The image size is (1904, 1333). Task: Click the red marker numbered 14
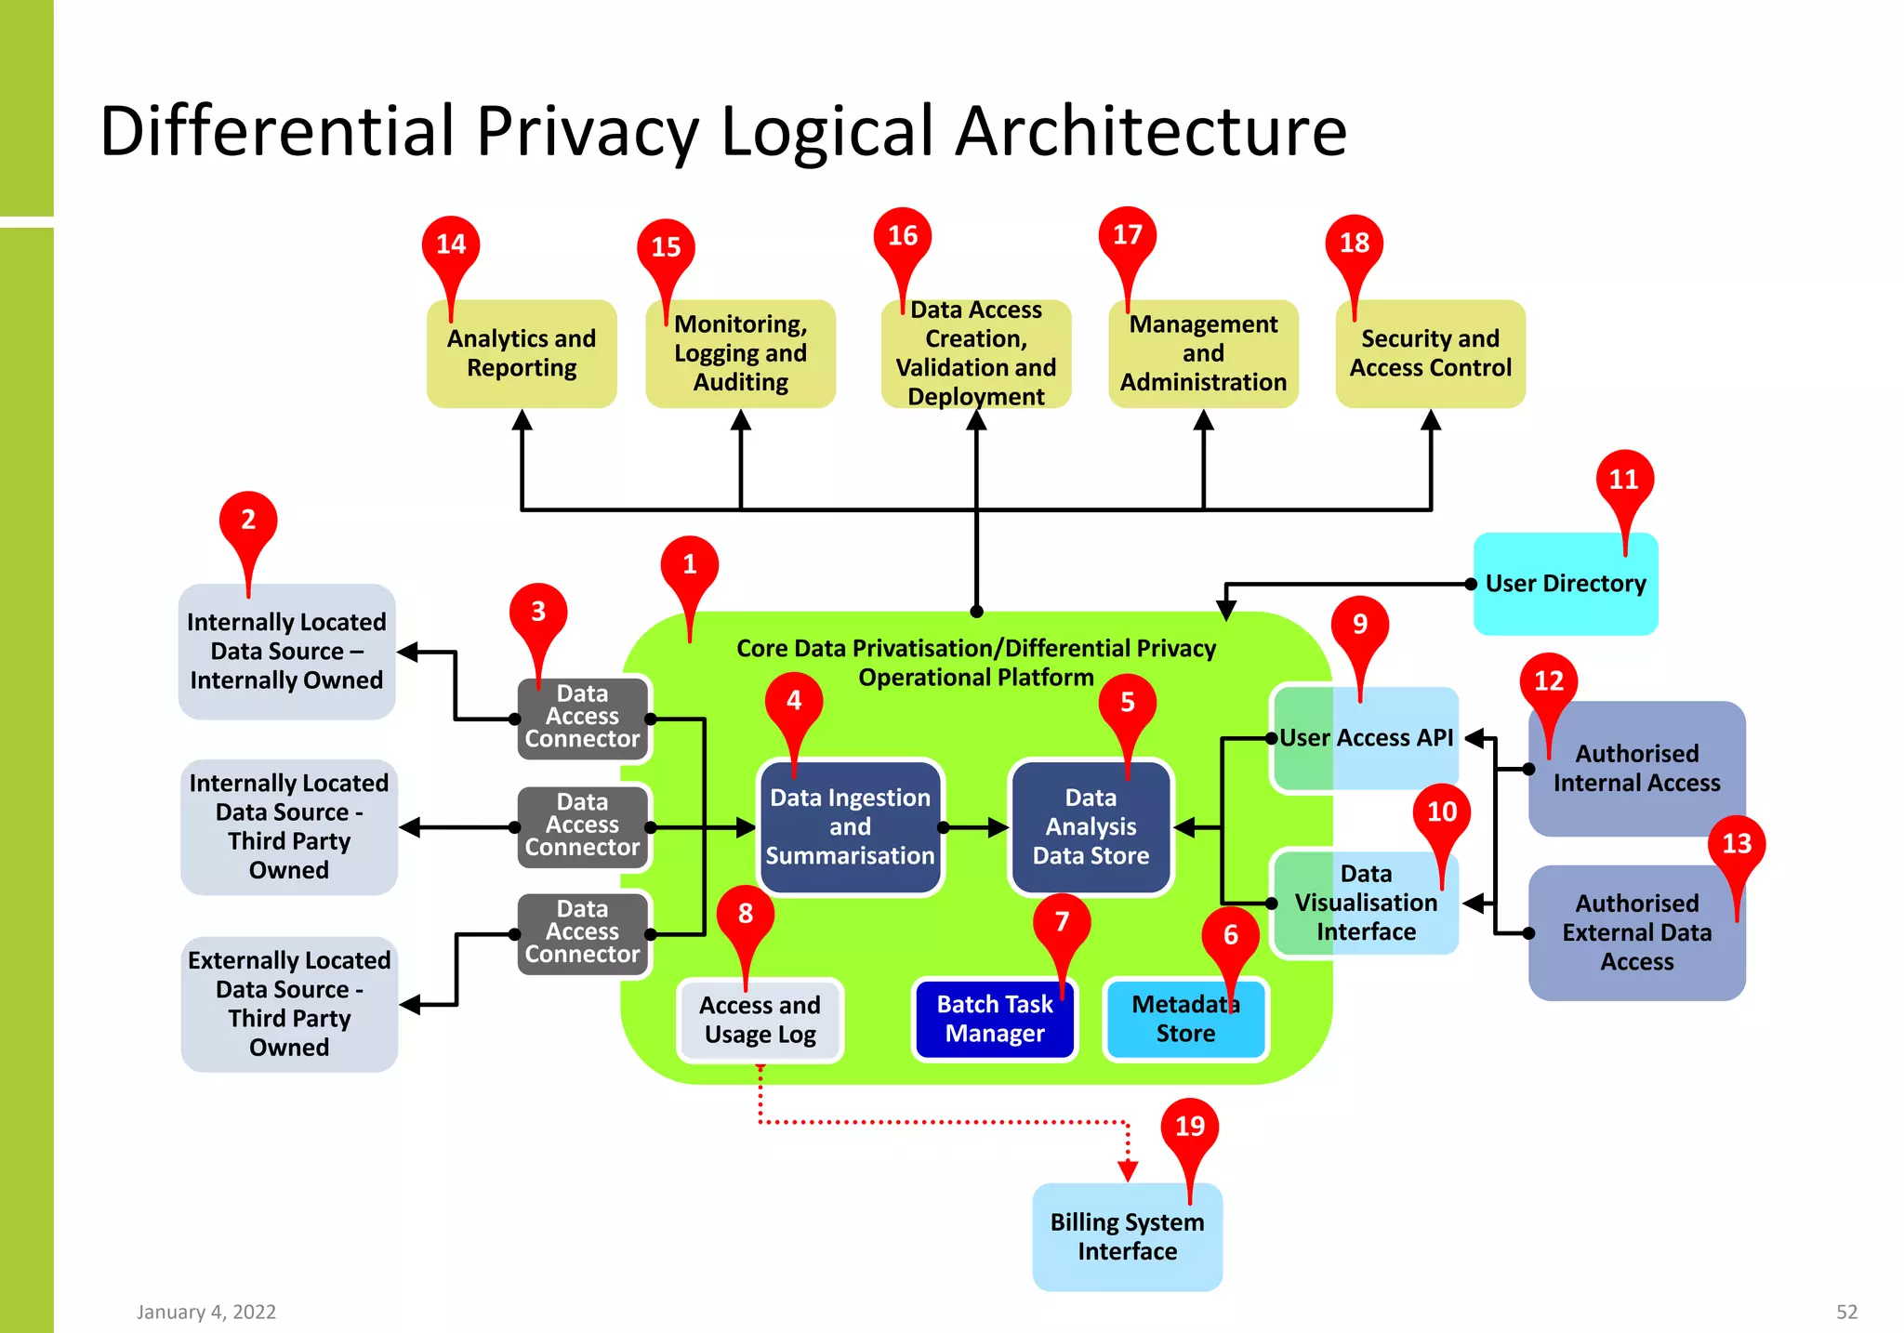[x=451, y=244]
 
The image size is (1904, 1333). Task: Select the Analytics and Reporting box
[x=522, y=354]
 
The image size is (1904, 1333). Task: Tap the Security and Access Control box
[x=1430, y=354]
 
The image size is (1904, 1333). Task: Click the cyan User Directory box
[x=1566, y=584]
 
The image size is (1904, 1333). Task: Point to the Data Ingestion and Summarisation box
[x=850, y=827]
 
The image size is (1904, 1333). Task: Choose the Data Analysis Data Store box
[x=1091, y=827]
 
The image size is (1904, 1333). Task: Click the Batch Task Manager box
[x=994, y=1019]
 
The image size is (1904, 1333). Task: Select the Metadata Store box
[x=1185, y=1020]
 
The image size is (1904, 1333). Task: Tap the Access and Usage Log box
[x=760, y=1020]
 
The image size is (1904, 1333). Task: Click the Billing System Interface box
[x=1127, y=1236]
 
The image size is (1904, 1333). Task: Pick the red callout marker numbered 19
[x=1190, y=1127]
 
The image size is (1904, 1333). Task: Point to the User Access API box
[x=1365, y=738]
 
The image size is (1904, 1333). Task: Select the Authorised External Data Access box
[x=1636, y=932]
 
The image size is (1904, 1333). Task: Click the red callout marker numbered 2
[x=248, y=520]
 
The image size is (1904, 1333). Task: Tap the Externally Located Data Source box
[x=289, y=1004]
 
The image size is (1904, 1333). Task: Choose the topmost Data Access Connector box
[x=582, y=717]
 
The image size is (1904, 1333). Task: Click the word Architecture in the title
[x=1151, y=131]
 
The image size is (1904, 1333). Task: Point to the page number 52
[x=1846, y=1312]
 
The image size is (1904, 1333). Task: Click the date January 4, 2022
[x=206, y=1312]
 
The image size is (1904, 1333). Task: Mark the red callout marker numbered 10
[x=1442, y=812]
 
